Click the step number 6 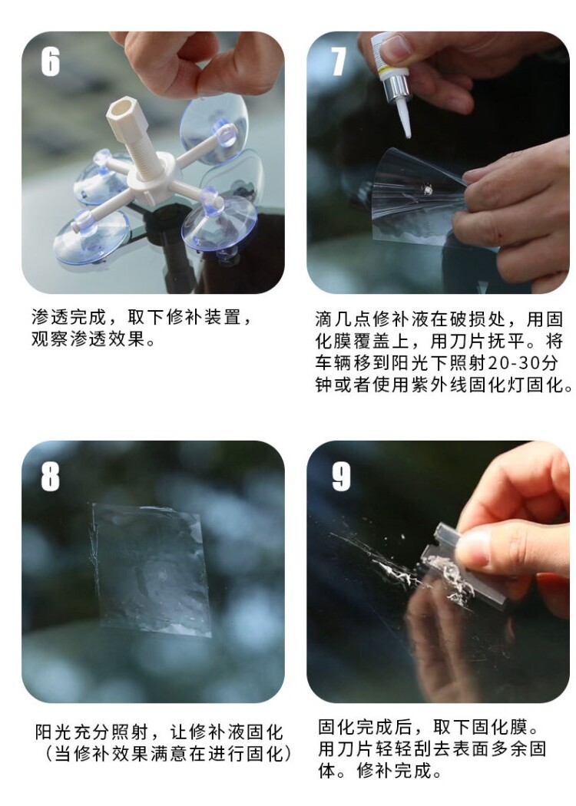51,63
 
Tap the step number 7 339,62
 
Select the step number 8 51,477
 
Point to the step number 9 341,477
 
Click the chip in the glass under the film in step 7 427,190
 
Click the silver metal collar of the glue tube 397,91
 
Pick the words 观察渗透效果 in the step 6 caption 88,339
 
